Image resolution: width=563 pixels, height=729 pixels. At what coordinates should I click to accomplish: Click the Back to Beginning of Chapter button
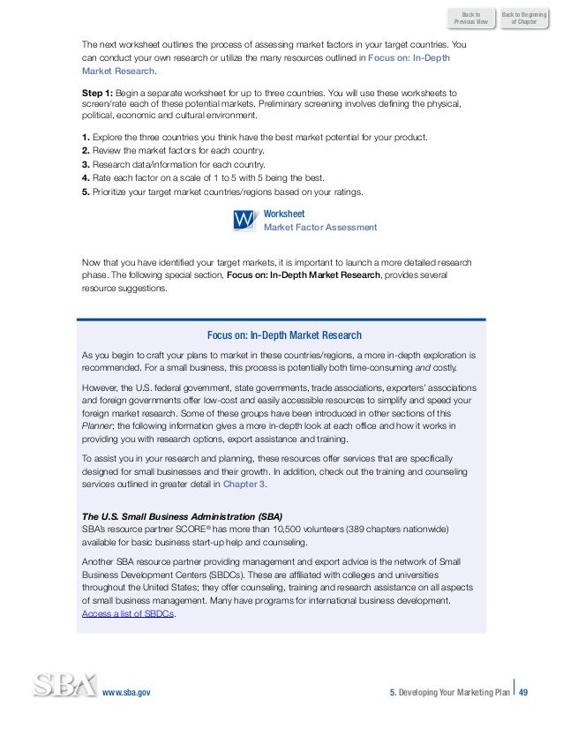coord(522,19)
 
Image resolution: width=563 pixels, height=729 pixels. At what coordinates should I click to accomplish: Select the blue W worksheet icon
coord(244,220)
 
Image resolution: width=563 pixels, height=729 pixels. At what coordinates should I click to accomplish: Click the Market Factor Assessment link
coord(320,227)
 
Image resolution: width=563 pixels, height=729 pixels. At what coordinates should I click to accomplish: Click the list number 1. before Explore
coord(84,139)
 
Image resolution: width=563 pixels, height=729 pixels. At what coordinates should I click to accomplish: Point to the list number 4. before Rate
coord(84,176)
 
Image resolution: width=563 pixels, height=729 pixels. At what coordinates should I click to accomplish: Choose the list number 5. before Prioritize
coord(84,188)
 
